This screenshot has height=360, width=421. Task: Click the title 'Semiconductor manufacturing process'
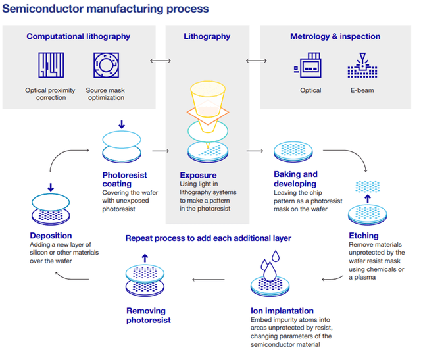point(106,9)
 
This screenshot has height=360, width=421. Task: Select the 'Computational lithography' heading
point(78,36)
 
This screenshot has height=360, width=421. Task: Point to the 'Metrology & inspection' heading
point(335,36)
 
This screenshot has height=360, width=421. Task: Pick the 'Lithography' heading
point(207,36)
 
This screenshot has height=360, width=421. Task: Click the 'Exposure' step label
point(197,176)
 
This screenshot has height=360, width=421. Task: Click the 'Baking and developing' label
point(295,179)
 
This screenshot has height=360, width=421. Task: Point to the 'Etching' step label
point(364,235)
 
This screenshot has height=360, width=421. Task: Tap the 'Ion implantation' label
point(282,311)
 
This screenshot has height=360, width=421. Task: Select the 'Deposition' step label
point(51,235)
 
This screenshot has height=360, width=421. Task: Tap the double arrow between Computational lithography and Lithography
point(160,61)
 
